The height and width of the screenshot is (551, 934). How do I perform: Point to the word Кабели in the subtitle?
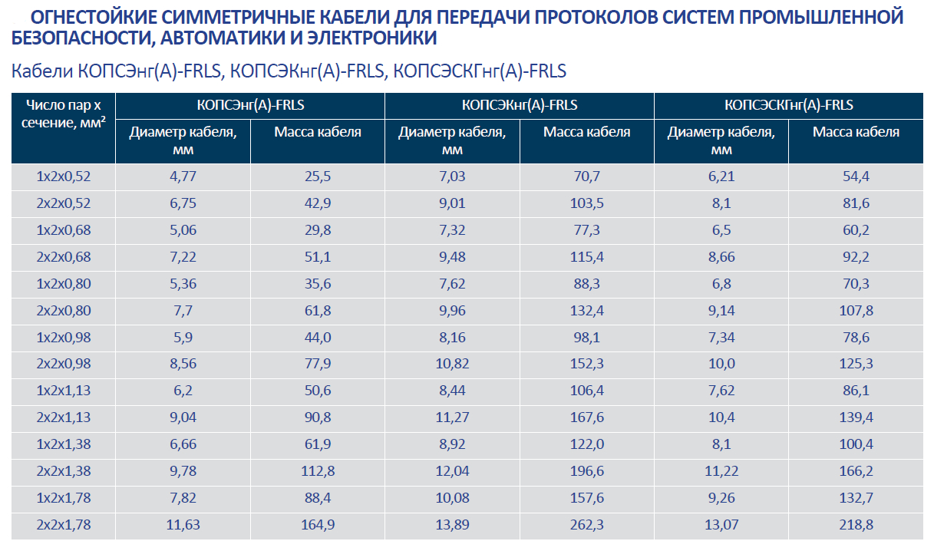click(41, 71)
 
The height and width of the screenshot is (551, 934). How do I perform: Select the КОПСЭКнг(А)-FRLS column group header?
click(520, 106)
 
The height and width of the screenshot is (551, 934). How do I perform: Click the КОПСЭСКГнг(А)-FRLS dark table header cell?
click(788, 106)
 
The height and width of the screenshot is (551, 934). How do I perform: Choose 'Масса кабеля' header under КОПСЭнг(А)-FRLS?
click(318, 132)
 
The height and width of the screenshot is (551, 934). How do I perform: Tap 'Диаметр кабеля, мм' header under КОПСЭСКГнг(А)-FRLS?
click(721, 140)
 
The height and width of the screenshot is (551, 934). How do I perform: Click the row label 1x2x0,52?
click(64, 177)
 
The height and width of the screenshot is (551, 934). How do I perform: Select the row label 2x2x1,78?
click(64, 525)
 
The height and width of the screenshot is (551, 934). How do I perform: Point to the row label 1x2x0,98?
click(64, 338)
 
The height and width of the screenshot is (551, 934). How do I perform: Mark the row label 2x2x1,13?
click(64, 417)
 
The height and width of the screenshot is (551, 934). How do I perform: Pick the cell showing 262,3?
click(587, 525)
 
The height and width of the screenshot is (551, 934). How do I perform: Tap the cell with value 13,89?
click(452, 525)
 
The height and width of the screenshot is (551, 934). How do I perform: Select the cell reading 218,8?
click(856, 525)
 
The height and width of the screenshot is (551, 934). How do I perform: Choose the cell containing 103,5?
click(587, 203)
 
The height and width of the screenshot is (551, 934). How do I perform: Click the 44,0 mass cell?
click(318, 338)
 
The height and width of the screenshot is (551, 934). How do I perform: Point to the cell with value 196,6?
click(587, 471)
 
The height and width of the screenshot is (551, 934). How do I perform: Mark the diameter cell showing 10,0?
click(721, 365)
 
